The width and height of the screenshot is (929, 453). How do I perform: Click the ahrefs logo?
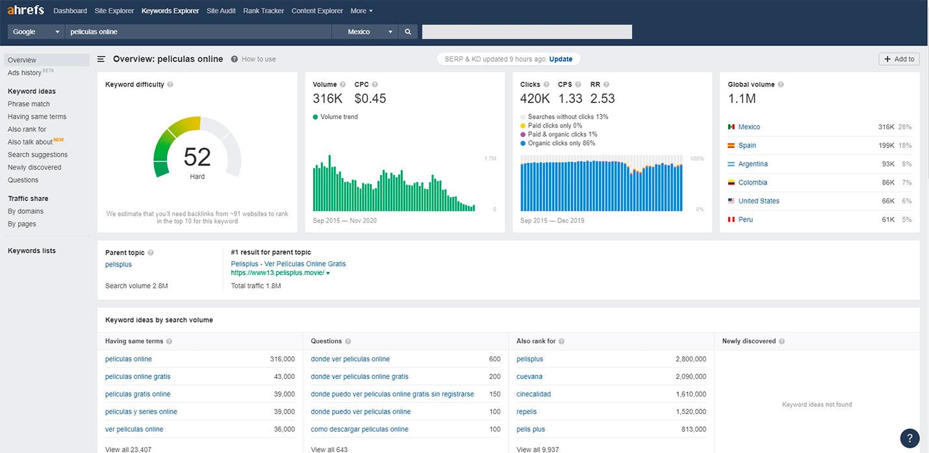click(x=25, y=10)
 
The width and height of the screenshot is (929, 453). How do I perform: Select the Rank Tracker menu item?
click(x=263, y=11)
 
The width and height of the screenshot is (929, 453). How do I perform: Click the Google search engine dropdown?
click(x=36, y=32)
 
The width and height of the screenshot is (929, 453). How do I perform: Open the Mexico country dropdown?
click(x=371, y=32)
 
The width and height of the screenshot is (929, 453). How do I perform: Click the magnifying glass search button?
click(x=408, y=32)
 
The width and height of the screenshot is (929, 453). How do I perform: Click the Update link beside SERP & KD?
click(x=561, y=59)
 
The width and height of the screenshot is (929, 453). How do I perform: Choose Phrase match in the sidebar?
click(x=29, y=104)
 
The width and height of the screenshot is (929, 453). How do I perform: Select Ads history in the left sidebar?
click(x=25, y=73)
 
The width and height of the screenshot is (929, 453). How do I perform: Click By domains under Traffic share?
click(x=25, y=211)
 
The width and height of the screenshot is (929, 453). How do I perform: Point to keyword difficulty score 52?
click(x=197, y=157)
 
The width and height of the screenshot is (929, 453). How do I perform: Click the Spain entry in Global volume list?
click(x=747, y=146)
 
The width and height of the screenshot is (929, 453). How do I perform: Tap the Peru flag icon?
click(x=731, y=220)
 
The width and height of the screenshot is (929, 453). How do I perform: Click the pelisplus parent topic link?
click(x=118, y=265)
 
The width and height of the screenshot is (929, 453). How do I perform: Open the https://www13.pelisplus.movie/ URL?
click(x=277, y=273)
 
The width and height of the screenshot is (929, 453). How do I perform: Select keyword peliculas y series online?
click(x=141, y=411)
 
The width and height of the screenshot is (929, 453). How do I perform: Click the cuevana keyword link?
click(x=529, y=376)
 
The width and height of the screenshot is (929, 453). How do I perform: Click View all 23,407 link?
click(x=128, y=449)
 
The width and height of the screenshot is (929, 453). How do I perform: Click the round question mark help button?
click(x=910, y=437)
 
